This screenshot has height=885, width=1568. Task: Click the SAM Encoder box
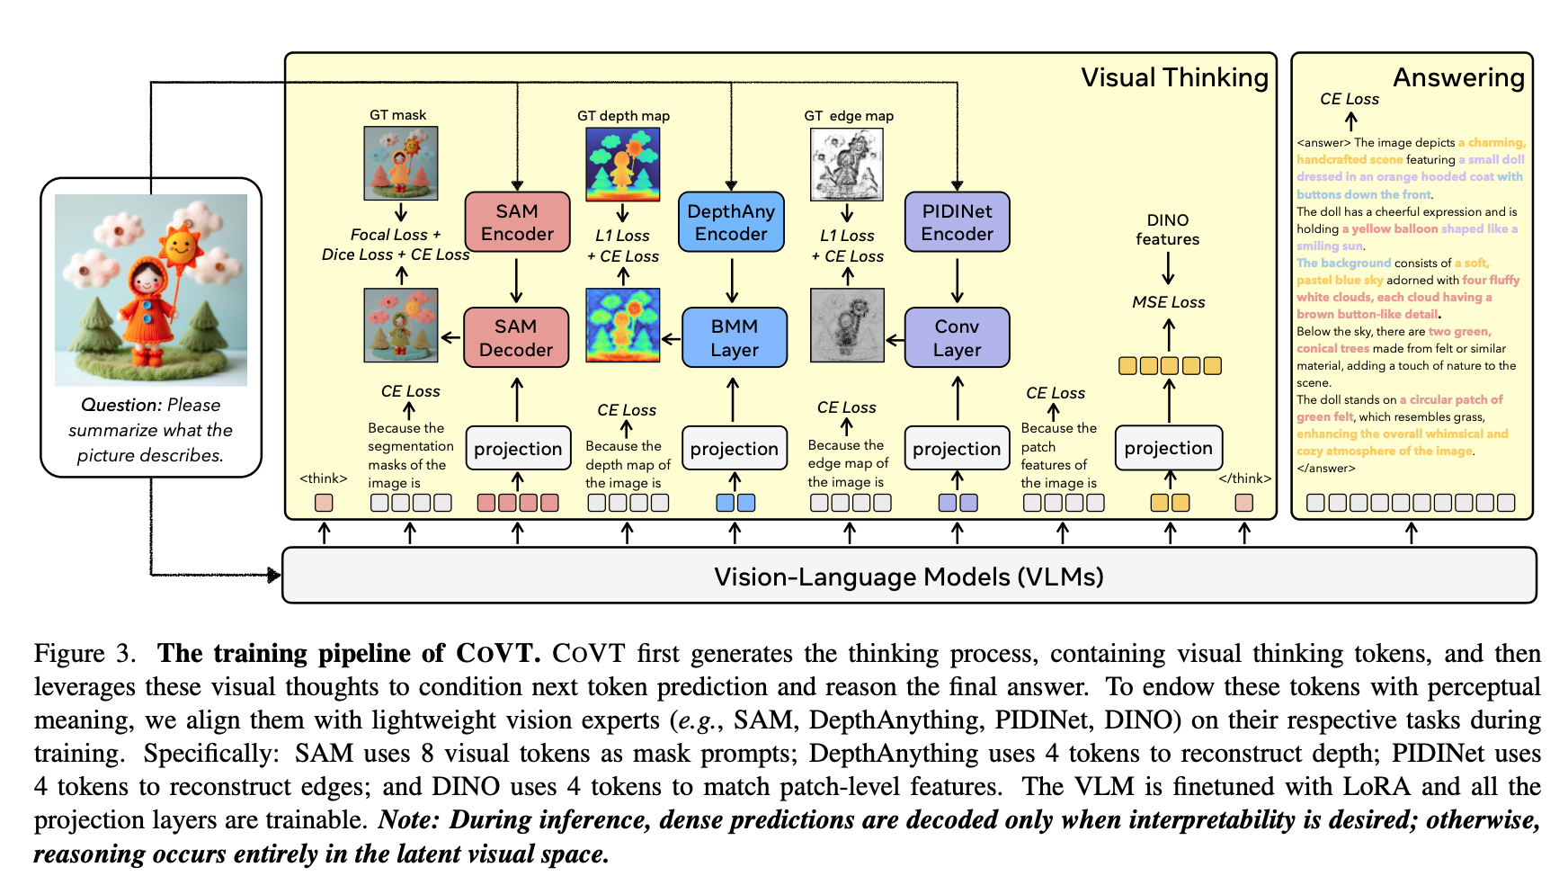[517, 222]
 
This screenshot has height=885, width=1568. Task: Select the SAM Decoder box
[516, 337]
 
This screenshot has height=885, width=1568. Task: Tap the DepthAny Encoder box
[731, 222]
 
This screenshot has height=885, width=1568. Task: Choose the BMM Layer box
[734, 337]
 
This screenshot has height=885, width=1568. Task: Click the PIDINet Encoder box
[957, 222]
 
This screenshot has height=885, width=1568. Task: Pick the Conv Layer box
[957, 337]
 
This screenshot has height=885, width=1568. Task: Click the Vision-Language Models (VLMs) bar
[908, 576]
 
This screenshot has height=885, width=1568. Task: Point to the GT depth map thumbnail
[622, 164]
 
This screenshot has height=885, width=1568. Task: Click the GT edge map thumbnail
[847, 164]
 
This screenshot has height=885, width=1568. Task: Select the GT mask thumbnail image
[401, 163]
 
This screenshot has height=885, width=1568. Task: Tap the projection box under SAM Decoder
[518, 448]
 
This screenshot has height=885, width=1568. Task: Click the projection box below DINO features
[1168, 448]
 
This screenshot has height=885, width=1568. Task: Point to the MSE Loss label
[1168, 302]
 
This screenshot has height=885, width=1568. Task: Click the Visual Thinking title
[1174, 77]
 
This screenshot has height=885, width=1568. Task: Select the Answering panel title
[1458, 77]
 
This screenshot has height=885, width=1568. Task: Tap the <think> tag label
[323, 478]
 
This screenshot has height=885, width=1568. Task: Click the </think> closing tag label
[1244, 478]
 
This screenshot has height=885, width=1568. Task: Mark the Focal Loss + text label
[396, 235]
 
